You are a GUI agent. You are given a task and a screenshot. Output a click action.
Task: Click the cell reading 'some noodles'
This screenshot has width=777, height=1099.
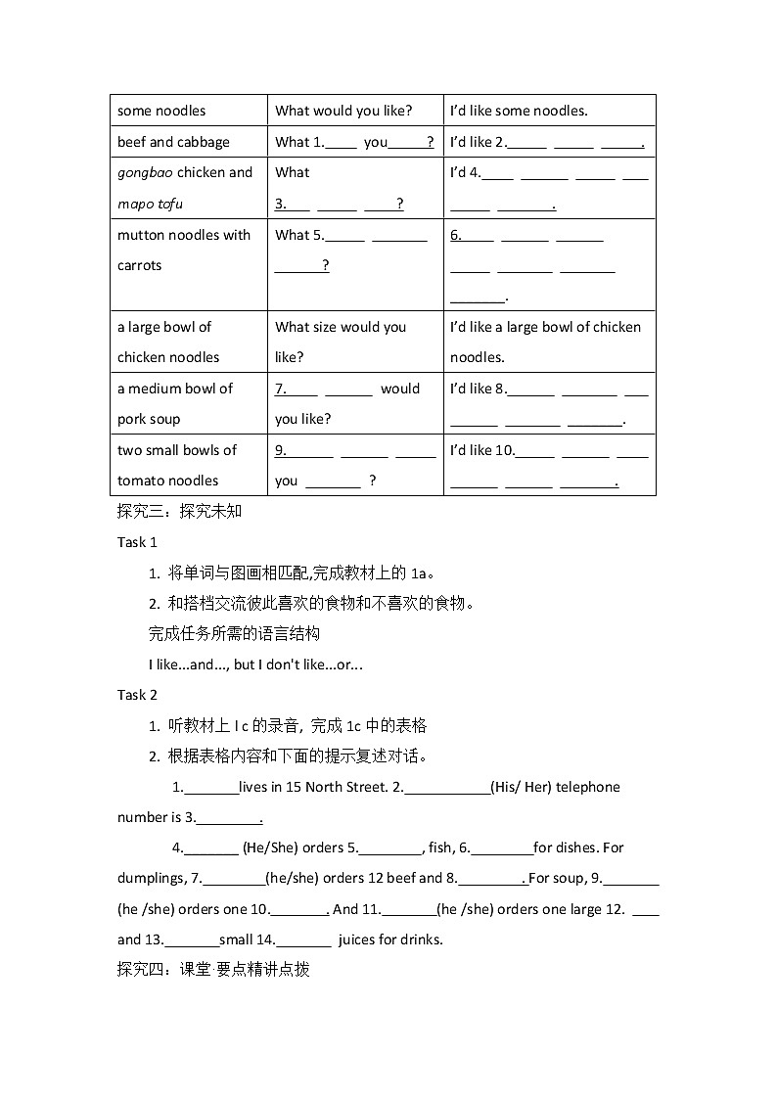click(161, 111)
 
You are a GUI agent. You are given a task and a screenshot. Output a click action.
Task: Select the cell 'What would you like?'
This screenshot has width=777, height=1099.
click(343, 111)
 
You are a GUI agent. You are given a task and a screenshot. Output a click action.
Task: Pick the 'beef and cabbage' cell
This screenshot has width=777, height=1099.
click(173, 142)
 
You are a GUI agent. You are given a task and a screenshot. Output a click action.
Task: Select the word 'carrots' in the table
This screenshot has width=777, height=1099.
click(139, 265)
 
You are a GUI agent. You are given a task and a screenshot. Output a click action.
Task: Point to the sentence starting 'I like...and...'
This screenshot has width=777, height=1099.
click(255, 664)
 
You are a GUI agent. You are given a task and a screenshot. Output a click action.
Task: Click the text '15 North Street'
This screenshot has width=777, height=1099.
click(338, 787)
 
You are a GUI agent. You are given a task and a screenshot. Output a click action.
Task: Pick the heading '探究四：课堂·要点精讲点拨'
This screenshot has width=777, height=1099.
click(213, 970)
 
